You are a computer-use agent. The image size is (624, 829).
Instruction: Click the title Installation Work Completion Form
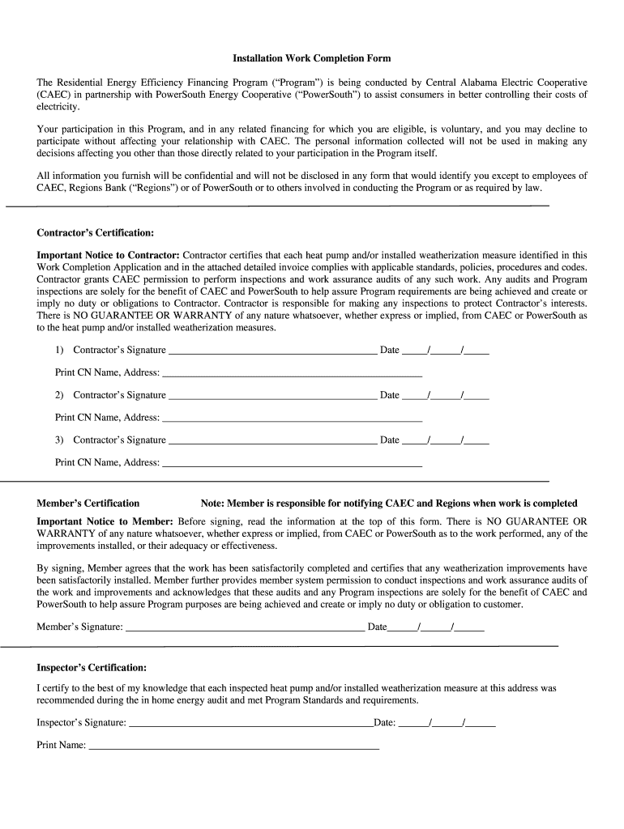point(312,58)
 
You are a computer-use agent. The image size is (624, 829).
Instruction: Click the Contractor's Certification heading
point(95,232)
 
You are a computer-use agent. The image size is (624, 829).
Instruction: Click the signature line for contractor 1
point(271,353)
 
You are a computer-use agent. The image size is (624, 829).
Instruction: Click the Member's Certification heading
point(88,503)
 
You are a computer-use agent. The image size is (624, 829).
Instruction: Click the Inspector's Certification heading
point(92,668)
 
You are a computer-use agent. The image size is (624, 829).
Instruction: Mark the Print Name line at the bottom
point(233,747)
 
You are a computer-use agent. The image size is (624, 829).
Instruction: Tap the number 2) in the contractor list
point(60,395)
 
